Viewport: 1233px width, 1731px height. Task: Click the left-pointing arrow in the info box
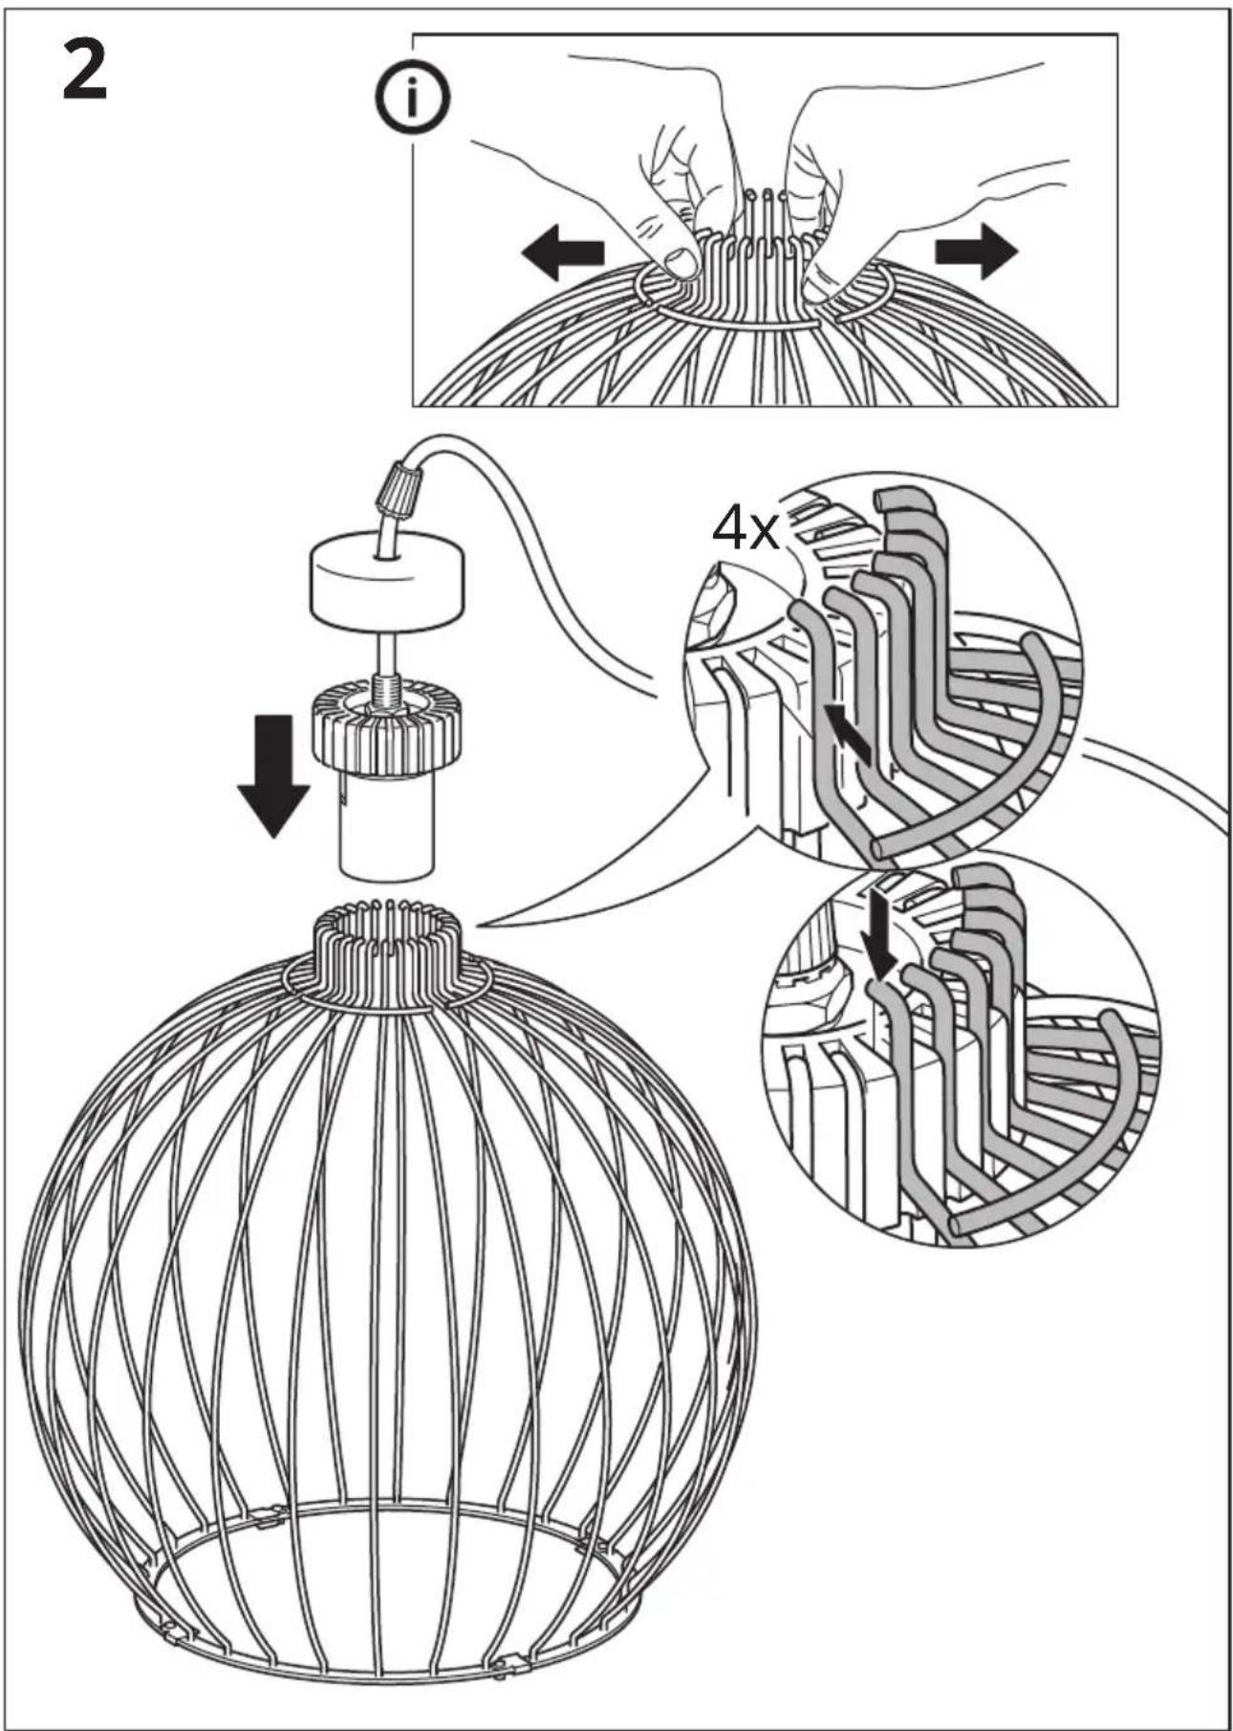(x=563, y=252)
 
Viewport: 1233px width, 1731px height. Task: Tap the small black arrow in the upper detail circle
(x=849, y=732)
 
